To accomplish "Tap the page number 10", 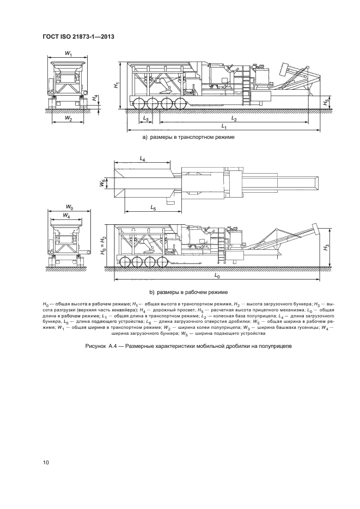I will tap(46, 463).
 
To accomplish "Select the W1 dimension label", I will tap(69, 53).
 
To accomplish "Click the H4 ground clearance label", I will tap(94, 99).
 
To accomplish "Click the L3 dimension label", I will tap(145, 118).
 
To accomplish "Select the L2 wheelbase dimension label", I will tap(234, 118).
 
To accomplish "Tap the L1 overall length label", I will tap(224, 126).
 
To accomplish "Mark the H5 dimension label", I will tap(326, 101).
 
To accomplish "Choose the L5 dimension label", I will tap(153, 208).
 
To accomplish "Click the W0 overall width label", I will tap(69, 207).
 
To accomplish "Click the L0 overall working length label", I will tap(216, 277).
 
